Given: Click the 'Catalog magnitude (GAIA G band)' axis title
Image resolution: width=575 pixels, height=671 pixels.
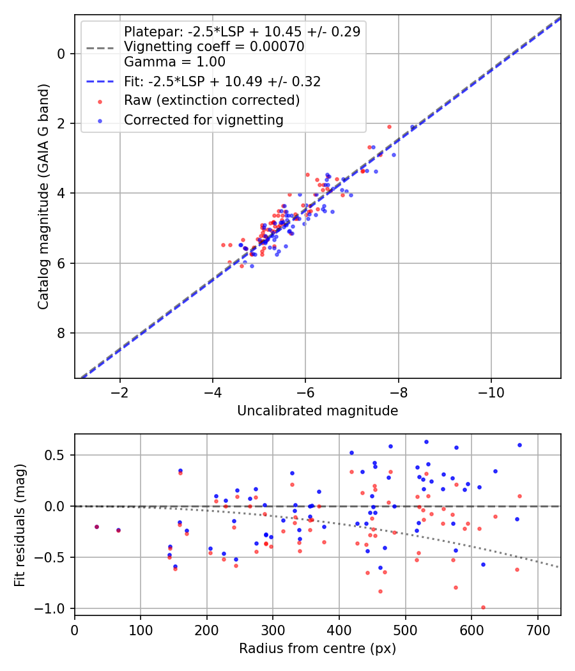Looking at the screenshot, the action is point(43,197).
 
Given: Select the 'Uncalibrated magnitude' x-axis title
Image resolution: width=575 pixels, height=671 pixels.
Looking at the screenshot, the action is point(318,411).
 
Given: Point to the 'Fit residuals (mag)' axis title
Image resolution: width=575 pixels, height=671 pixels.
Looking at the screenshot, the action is point(20,525).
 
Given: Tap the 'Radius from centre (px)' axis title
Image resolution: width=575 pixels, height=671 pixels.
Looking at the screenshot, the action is point(318,649).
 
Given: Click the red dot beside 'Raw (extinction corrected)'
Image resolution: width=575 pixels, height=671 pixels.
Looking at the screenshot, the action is point(100,102).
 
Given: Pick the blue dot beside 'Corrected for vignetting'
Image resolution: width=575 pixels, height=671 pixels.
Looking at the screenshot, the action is point(100,121).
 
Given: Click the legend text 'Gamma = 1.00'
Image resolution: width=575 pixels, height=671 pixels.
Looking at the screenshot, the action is point(174,62).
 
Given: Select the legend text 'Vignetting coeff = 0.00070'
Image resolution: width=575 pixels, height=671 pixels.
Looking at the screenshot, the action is point(214,47).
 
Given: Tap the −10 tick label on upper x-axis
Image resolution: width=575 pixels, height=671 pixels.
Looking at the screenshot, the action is point(491,392).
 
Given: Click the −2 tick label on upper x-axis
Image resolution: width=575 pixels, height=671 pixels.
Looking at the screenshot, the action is point(119,392).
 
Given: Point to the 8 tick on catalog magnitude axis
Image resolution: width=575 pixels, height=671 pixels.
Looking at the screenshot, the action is point(61,333).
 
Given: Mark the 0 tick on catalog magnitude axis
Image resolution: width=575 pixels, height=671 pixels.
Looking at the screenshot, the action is point(61,54).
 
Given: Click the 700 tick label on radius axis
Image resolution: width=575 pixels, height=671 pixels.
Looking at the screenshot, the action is point(538,630).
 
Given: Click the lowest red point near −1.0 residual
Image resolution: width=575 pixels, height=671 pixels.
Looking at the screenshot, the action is point(483,607).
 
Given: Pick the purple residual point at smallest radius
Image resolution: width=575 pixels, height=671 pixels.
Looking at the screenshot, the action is point(96,527).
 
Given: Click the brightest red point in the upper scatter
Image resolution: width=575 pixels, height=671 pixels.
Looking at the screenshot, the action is point(389,127).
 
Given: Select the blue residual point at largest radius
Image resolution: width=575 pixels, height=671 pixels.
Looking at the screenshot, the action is point(520,445).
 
